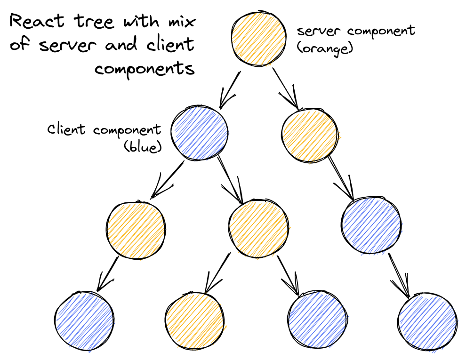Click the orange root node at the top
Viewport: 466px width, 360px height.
click(x=258, y=39)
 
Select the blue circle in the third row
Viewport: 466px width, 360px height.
click(x=372, y=225)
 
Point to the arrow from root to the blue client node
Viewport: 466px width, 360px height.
click(x=230, y=90)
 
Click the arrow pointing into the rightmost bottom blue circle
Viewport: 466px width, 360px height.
click(x=399, y=275)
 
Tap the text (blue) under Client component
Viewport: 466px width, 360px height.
click(x=143, y=147)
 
